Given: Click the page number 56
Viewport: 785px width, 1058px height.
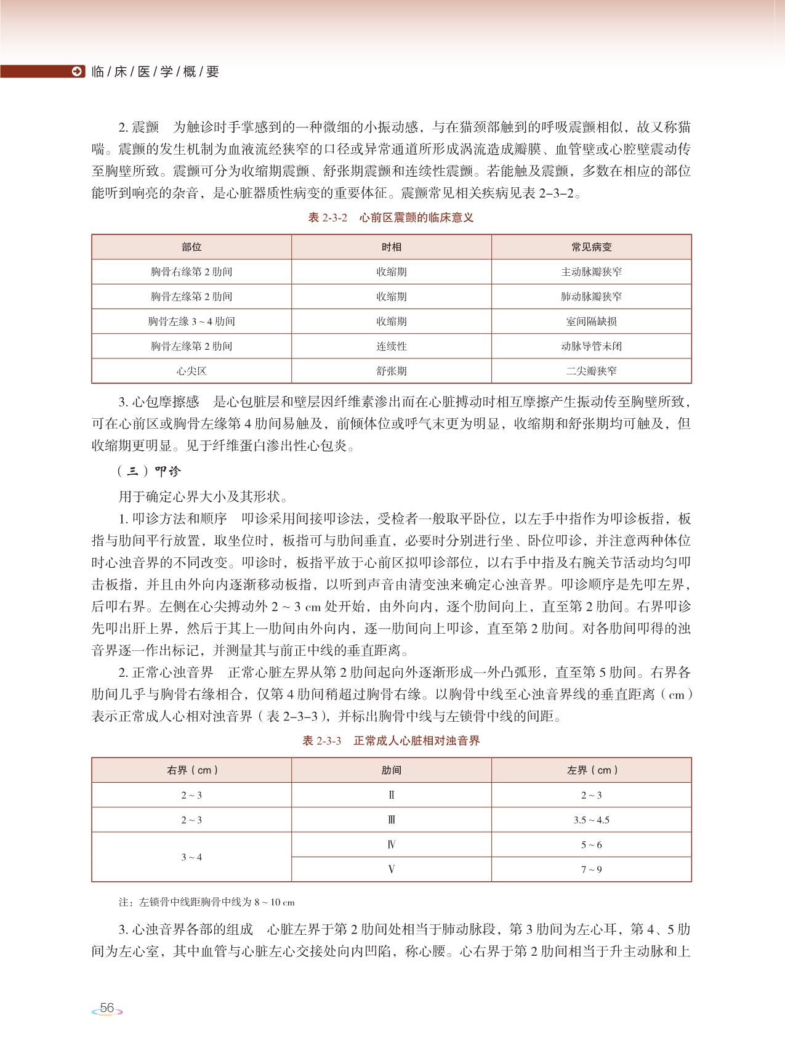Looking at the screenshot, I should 107,1008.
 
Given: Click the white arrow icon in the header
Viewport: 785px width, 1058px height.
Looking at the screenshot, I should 77,71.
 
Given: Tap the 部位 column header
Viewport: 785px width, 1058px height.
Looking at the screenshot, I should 191,247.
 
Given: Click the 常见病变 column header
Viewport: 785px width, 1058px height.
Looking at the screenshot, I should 591,247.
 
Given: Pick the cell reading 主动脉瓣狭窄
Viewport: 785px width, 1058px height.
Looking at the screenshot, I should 591,272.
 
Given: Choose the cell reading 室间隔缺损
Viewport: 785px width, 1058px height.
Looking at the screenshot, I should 591,321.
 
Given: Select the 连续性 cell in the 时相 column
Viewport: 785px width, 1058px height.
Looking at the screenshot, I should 392,346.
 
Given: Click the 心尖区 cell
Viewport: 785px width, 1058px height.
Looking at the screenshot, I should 191,371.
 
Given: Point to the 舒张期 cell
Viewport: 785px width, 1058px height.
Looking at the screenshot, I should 392,371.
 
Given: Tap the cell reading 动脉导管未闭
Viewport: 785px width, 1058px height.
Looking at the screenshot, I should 591,346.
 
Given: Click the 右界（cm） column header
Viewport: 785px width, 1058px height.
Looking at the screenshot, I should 191,770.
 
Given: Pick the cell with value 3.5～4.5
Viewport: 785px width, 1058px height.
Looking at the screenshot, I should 591,820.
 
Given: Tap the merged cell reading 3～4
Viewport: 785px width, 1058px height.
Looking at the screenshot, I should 191,857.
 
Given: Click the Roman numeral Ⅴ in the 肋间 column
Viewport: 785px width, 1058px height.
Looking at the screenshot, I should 392,869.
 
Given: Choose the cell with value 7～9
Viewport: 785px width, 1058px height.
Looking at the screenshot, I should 591,869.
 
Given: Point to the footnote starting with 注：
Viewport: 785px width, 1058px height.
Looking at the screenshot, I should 206,902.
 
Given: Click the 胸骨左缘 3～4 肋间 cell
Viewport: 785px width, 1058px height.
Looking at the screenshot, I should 191,321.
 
